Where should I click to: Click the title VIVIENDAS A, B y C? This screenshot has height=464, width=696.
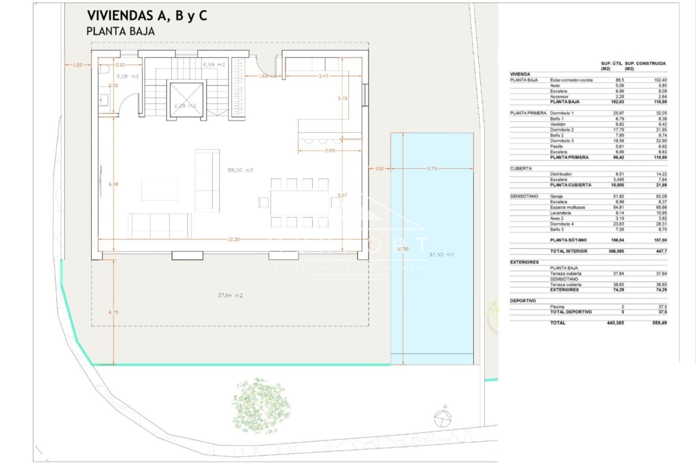(x=147, y=16)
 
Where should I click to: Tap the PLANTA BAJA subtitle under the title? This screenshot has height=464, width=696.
(x=120, y=32)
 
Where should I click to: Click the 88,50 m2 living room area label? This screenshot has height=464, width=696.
(x=240, y=170)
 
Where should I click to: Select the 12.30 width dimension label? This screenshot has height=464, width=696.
(x=233, y=239)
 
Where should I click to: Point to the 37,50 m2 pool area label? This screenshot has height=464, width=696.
(x=441, y=254)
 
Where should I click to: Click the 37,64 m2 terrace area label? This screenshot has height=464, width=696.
(x=230, y=295)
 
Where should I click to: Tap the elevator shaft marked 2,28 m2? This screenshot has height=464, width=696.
(x=186, y=100)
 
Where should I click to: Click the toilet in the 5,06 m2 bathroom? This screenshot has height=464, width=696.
(x=104, y=69)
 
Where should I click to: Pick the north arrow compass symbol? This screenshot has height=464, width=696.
(x=443, y=419)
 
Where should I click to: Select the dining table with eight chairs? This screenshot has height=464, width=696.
(x=299, y=202)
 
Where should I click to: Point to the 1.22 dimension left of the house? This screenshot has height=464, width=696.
(x=78, y=65)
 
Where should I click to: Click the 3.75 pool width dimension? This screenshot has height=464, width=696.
(x=432, y=169)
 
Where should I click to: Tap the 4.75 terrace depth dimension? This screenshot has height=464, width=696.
(x=113, y=312)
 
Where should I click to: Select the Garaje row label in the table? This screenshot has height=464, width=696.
(x=556, y=196)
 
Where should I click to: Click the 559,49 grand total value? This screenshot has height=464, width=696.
(x=659, y=323)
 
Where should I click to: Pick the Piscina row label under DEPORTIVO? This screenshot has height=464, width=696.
(x=557, y=307)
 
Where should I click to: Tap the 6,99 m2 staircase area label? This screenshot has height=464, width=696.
(x=214, y=65)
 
